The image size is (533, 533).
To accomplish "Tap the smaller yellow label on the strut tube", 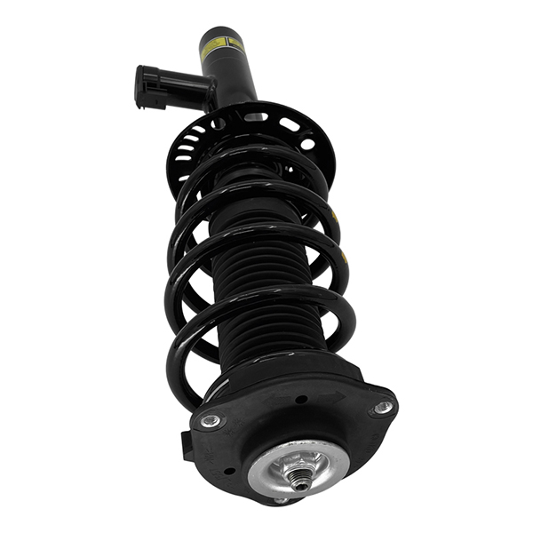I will (236, 42).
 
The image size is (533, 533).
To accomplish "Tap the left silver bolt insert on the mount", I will (211, 421).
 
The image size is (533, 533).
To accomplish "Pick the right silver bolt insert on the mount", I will (382, 408).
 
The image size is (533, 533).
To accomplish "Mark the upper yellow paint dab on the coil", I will (334, 216).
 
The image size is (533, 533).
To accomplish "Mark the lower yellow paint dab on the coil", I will (346, 257).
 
